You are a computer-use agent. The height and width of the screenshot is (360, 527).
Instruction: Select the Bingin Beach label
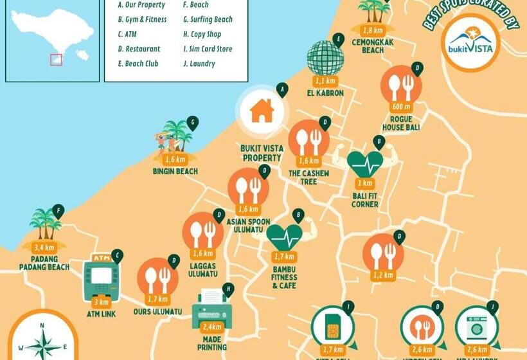pyautogui.click(x=175, y=172)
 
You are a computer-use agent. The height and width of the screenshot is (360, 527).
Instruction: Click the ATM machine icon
pyautogui.click(x=101, y=280)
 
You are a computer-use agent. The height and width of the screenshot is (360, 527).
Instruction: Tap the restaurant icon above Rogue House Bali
pyautogui.click(x=401, y=85)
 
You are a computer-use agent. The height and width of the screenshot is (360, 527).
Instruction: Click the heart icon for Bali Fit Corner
pyautogui.click(x=364, y=164)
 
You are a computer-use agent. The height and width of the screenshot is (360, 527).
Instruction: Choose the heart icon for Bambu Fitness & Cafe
pyautogui.click(x=283, y=237)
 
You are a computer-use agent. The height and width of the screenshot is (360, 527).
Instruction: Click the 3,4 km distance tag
pyautogui.click(x=44, y=246)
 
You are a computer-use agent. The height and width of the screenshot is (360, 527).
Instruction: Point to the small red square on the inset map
pyautogui.click(x=57, y=59)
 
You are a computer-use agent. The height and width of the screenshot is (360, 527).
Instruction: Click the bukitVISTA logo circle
pyautogui.click(x=470, y=42)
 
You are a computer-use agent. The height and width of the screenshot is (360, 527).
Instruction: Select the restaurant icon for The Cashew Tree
pyautogui.click(x=308, y=141)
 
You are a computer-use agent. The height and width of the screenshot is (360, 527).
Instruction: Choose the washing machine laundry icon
pyautogui.click(x=476, y=327)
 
